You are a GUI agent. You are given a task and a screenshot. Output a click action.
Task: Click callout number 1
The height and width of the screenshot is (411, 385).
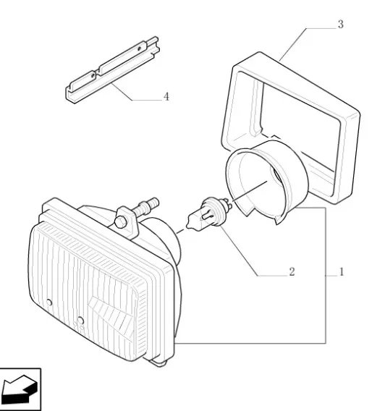coord(342,271)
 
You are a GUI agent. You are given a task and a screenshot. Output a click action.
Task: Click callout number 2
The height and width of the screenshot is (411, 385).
coord(292,271)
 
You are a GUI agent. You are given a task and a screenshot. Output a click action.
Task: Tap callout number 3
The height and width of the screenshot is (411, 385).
coord(340,24)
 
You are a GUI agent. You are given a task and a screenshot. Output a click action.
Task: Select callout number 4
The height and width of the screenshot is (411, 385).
coord(166,97)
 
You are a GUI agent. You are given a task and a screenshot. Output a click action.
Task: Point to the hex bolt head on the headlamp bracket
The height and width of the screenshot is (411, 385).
coord(121,223)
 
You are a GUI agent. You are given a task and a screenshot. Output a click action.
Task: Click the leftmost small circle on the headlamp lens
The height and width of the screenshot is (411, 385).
coord(49,302)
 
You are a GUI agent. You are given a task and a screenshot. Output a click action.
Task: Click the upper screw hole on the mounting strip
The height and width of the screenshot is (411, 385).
coord(139,48)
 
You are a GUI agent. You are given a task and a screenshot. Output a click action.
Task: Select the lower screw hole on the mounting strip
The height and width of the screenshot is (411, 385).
coord(93,76)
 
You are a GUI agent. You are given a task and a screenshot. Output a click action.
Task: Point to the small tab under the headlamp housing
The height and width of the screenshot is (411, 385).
coord(158,363)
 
